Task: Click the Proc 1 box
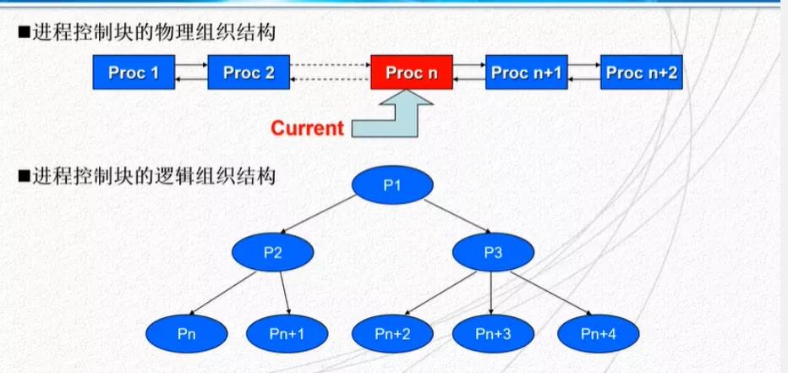(134, 73)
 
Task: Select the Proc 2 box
(249, 73)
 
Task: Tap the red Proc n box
(412, 73)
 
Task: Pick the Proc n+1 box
(526, 73)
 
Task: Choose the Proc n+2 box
(641, 73)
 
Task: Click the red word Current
(307, 129)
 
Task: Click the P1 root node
(392, 185)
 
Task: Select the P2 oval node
(273, 252)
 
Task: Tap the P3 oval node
(493, 252)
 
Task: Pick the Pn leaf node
(187, 334)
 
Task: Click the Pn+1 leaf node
(287, 334)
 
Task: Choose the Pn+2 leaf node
(392, 334)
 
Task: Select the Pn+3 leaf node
(493, 334)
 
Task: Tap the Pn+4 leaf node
(598, 334)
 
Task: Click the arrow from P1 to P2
(318, 215)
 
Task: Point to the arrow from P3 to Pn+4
(552, 293)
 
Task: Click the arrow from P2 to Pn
(222, 293)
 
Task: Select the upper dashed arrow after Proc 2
(331, 65)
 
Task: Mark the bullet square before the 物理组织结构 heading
(22, 34)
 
